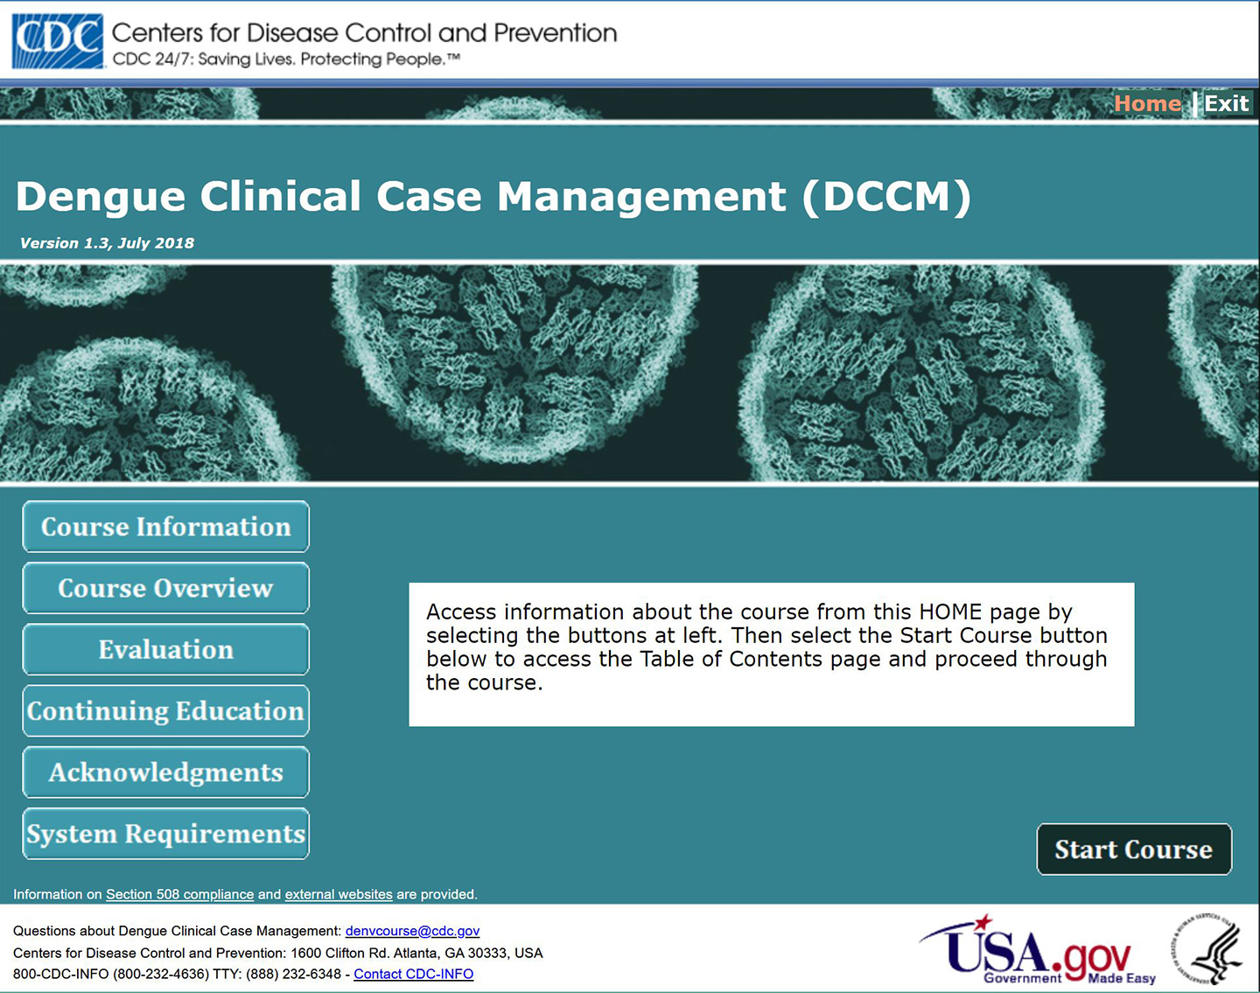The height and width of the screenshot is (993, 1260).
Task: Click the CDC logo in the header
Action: coord(58,40)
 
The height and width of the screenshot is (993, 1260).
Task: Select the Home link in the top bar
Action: coord(1147,103)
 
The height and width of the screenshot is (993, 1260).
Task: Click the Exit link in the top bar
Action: coord(1226,103)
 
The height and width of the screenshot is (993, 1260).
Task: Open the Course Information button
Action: coord(165,527)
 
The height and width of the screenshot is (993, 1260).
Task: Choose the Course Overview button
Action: coord(165,588)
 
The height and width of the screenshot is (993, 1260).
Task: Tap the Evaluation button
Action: coord(165,649)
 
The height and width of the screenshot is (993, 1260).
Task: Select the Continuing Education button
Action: coord(165,710)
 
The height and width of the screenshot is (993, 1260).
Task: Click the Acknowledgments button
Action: coord(165,773)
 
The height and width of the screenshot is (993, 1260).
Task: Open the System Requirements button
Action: coord(165,834)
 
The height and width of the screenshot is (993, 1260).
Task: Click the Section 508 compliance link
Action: coord(179,894)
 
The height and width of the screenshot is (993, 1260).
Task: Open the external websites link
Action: coord(339,894)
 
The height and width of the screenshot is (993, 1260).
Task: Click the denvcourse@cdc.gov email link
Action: coord(412,931)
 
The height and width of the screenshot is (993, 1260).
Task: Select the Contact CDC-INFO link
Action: coord(413,974)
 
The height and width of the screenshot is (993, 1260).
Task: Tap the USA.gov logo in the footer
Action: coord(1037,952)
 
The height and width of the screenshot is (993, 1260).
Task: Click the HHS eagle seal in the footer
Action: coord(1207,950)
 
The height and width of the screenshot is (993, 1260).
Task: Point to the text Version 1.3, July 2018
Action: coord(107,243)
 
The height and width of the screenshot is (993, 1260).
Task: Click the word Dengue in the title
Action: coord(101,197)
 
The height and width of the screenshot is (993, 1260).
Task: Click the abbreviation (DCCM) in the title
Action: coord(885,197)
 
